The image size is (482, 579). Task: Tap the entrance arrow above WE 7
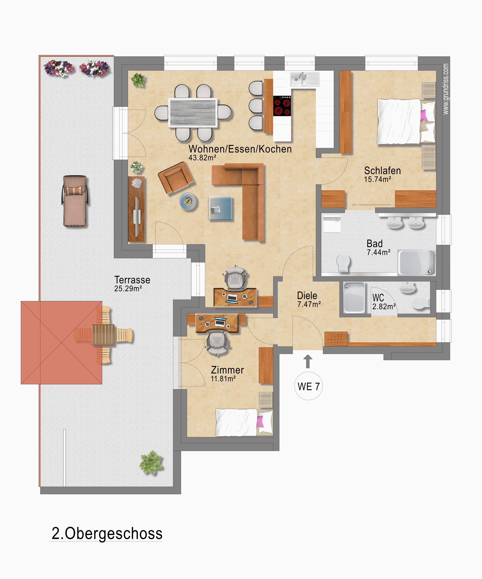[308, 361]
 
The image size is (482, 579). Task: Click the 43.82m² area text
[202, 158]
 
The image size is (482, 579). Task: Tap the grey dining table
[193, 113]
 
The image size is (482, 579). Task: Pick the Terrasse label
[132, 280]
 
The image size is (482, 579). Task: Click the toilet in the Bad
[343, 263]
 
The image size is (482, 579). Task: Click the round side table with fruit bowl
[188, 201]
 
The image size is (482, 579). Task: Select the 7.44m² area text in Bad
[378, 252]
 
